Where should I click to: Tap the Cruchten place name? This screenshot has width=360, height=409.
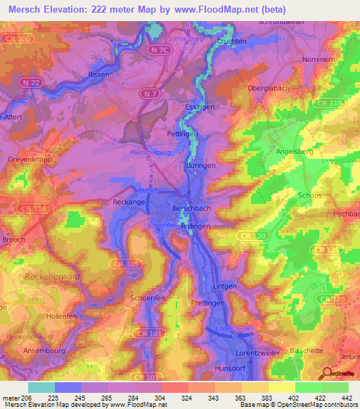231,41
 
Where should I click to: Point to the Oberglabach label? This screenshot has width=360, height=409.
268,88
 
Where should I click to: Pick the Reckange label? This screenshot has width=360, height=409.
128,202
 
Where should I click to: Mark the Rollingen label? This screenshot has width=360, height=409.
195,227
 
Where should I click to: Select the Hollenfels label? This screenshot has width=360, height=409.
61,317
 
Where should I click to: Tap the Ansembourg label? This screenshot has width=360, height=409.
44,352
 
